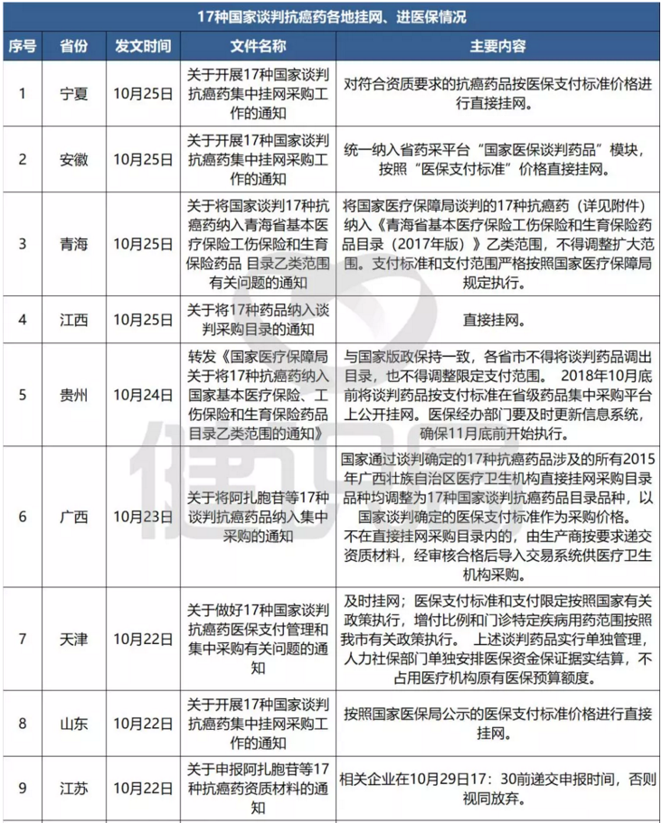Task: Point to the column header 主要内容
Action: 497,45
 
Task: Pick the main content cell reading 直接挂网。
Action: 497,320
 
